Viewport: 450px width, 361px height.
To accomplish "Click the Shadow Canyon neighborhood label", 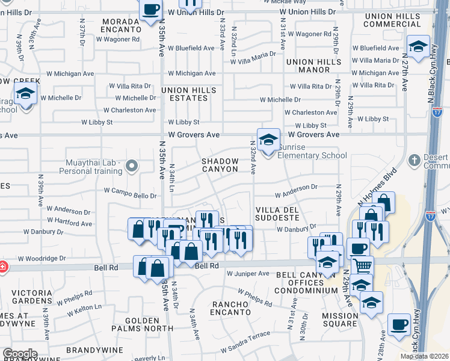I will [220, 165].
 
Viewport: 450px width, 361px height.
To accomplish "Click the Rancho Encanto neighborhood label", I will [230, 307].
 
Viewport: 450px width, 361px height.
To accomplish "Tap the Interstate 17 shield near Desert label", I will [438, 112].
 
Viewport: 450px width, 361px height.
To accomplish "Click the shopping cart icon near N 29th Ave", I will [362, 265].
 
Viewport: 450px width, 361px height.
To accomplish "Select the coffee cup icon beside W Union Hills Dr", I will [150, 10].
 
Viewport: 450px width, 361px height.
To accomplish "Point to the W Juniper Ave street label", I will [248, 274].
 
